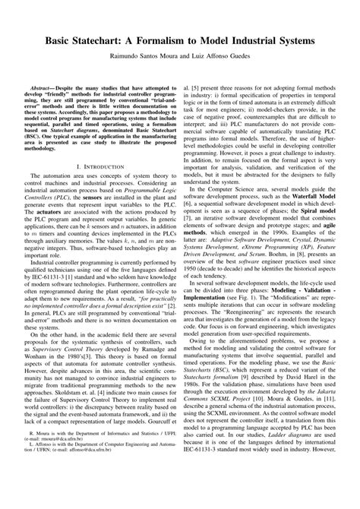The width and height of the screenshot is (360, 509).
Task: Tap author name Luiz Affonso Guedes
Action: (x=218, y=55)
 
